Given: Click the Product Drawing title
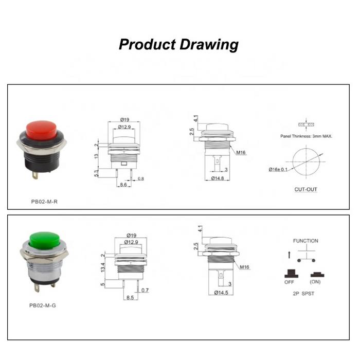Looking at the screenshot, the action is tap(178, 44).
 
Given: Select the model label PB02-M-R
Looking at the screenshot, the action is tap(44, 202).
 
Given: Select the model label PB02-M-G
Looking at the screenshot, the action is tap(43, 305).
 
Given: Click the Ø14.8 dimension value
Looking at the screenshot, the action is tap(218, 178).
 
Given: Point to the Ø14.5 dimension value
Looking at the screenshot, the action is tap(221, 293).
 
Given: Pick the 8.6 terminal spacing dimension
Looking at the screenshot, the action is tap(123, 184).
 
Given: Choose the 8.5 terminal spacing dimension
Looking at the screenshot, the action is tap(130, 297).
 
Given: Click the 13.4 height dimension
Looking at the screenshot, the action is tap(103, 267).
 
